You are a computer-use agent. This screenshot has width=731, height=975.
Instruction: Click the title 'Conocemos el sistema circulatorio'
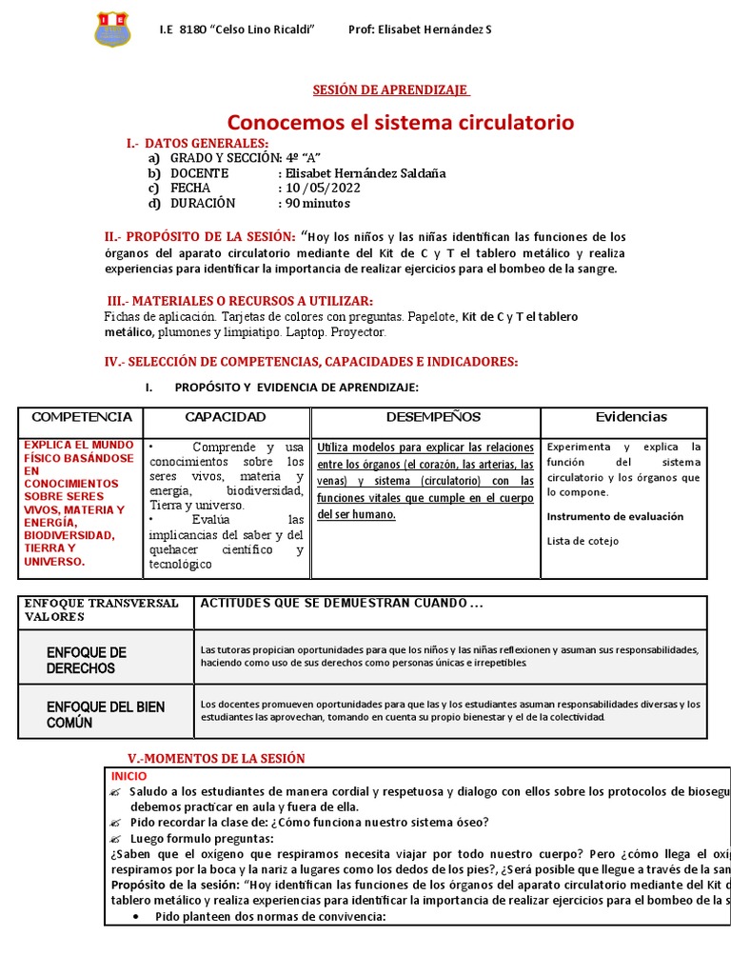click(400, 122)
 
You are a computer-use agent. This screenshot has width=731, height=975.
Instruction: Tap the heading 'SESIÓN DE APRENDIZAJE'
click(391, 90)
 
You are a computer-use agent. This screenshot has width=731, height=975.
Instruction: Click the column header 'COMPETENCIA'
click(82, 417)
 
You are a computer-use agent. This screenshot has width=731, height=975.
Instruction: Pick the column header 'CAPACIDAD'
click(226, 417)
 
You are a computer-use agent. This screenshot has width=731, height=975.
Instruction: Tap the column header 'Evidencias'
click(631, 417)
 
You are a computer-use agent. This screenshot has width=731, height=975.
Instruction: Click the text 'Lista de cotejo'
click(583, 541)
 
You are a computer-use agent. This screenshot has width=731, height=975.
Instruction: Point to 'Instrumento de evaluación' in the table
click(615, 516)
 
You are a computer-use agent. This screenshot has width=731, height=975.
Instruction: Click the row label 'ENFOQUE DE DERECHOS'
click(86, 660)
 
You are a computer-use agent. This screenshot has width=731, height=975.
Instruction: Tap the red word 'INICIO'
click(129, 776)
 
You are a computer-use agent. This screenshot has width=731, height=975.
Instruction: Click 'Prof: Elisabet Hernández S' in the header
click(420, 30)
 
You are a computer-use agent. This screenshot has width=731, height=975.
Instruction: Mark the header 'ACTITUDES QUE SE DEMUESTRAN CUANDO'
click(342, 604)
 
